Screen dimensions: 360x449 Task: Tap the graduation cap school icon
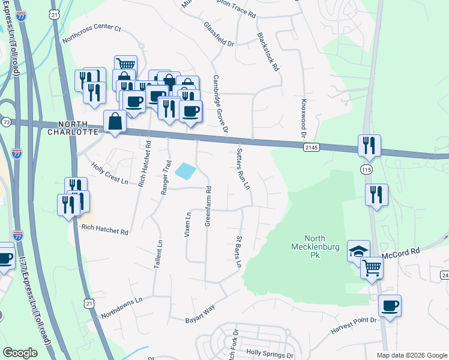358,251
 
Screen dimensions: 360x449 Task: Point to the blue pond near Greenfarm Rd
185,171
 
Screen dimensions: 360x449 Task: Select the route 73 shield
5,122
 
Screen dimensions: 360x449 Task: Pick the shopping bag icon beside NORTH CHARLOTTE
115,122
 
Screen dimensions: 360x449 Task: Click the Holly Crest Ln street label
109,173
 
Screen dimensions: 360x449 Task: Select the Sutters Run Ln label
243,168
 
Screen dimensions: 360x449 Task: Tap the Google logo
20,353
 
